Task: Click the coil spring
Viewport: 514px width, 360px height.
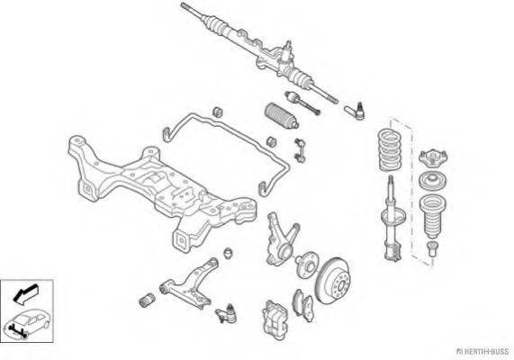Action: pyautogui.click(x=390, y=150)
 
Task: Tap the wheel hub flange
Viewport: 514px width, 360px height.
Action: pyautogui.click(x=306, y=265)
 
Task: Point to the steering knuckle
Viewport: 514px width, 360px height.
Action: pyautogui.click(x=281, y=238)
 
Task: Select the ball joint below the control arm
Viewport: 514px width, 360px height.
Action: pyautogui.click(x=227, y=313)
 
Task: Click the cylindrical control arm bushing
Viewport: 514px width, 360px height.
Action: pyautogui.click(x=148, y=300)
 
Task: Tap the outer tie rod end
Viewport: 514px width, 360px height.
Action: pyautogui.click(x=355, y=111)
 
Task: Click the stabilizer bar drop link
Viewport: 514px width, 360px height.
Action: pyautogui.click(x=300, y=150)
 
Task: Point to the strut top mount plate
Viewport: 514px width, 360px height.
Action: pyautogui.click(x=433, y=157)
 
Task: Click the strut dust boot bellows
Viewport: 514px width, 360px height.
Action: pyautogui.click(x=433, y=216)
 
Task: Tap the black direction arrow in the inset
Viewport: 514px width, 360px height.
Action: pyautogui.click(x=25, y=293)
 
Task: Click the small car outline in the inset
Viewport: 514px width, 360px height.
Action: pyautogui.click(x=27, y=323)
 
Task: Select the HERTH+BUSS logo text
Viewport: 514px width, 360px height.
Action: pyautogui.click(x=483, y=352)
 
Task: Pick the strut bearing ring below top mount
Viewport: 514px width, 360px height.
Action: pyautogui.click(x=433, y=181)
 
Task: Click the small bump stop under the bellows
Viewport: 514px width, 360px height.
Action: pyautogui.click(x=432, y=249)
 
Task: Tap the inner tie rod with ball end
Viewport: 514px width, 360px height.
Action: pyautogui.click(x=302, y=103)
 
